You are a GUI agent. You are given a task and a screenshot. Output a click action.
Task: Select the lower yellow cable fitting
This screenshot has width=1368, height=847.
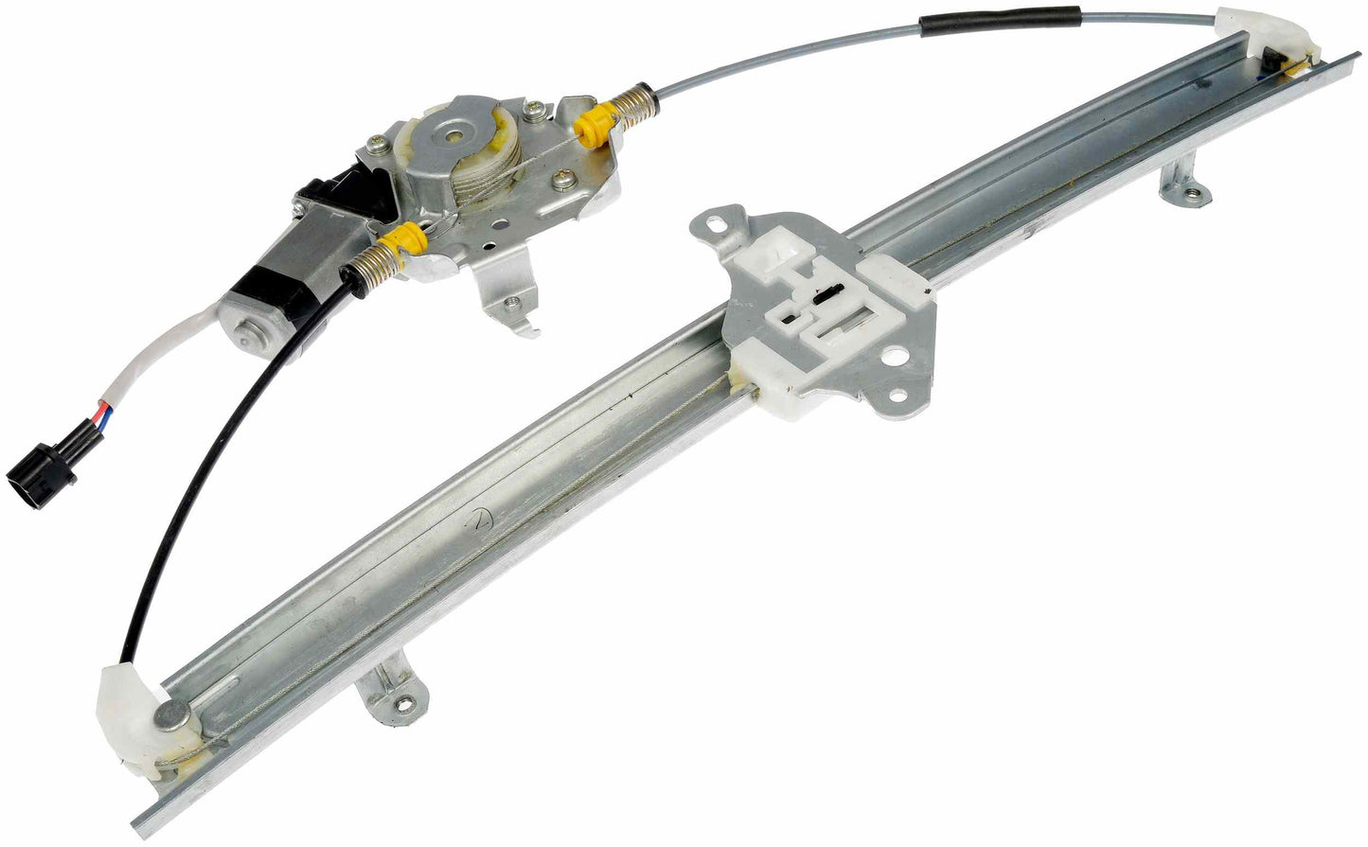point(410,238)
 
